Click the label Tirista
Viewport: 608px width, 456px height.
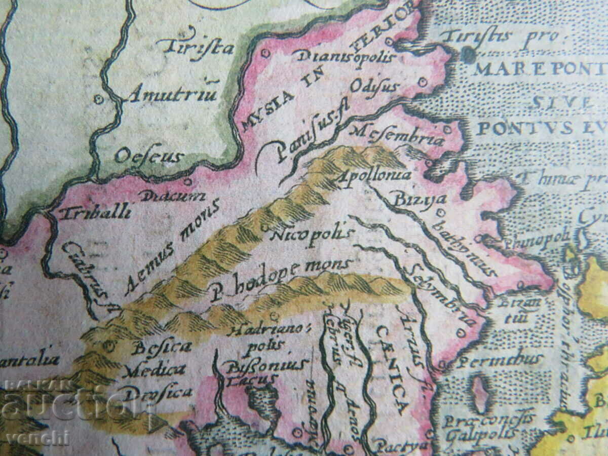tap(195, 47)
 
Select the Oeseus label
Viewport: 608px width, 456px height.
tap(148, 156)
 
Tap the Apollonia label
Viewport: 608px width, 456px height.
tap(374, 175)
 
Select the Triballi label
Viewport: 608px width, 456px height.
tap(95, 211)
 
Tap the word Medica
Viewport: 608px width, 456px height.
tap(154, 370)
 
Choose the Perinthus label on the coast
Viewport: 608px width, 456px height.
tap(499, 361)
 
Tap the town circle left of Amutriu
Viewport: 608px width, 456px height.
tap(98, 99)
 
